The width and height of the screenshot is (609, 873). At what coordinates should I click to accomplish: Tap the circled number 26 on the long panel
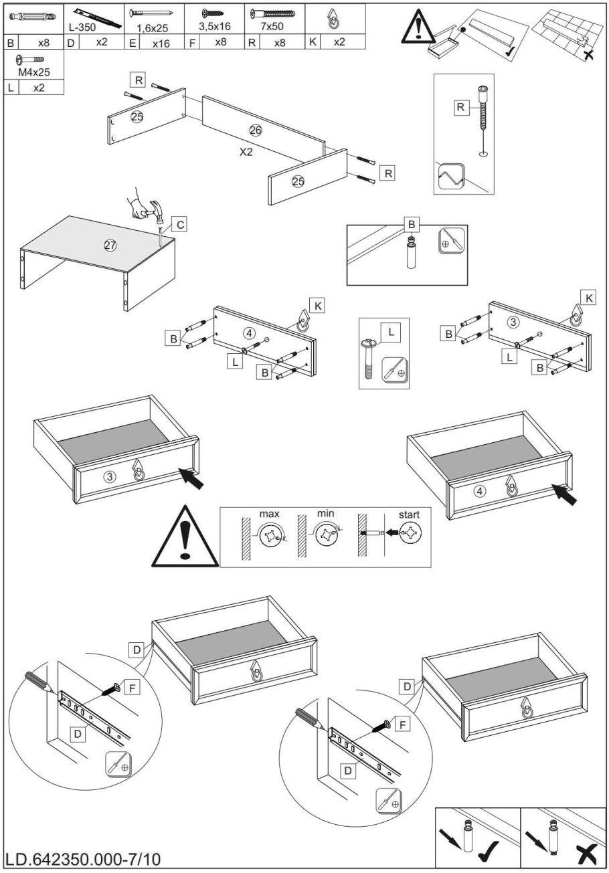tap(256, 130)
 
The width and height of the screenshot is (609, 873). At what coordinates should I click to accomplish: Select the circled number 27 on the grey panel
tap(110, 246)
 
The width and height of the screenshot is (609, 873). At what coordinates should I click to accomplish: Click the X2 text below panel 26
tap(246, 152)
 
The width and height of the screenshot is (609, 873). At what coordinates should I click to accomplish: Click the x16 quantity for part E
tap(160, 42)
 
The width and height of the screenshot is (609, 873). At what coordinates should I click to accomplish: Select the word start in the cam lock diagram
tap(409, 514)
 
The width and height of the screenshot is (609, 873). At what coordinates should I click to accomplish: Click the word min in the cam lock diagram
tap(326, 514)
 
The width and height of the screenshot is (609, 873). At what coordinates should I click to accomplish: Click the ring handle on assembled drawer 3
tap(139, 474)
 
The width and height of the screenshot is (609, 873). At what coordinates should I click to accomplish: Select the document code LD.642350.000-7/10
tap(83, 858)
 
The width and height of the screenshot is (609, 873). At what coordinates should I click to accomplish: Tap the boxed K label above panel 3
tap(588, 298)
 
